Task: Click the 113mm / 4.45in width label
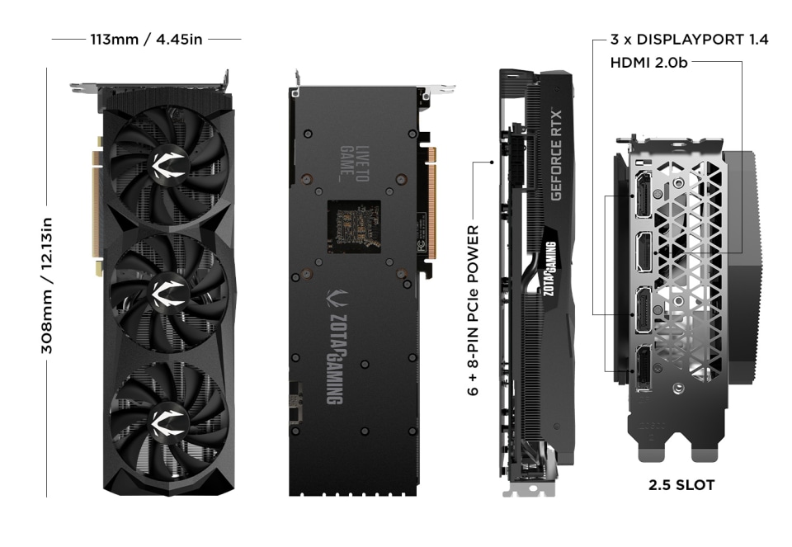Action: [145, 39]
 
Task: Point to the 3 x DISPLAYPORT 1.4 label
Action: [690, 39]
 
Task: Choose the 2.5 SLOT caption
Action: [681, 485]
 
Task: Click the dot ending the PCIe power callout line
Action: [493, 163]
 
